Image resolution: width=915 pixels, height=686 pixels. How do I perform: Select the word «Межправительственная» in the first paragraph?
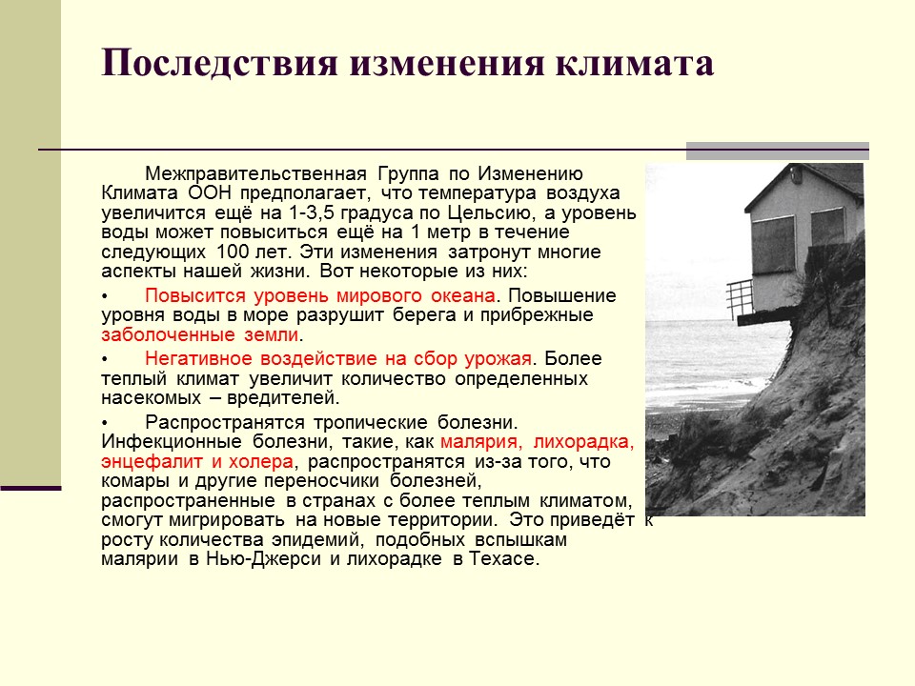pos(256,174)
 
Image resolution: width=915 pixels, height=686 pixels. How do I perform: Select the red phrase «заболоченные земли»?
pos(199,335)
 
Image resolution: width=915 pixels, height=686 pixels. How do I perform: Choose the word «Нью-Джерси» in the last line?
pos(278,559)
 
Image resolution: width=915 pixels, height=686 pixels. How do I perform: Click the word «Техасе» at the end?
pos(502,559)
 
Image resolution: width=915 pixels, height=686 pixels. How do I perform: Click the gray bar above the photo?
pos(777,150)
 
